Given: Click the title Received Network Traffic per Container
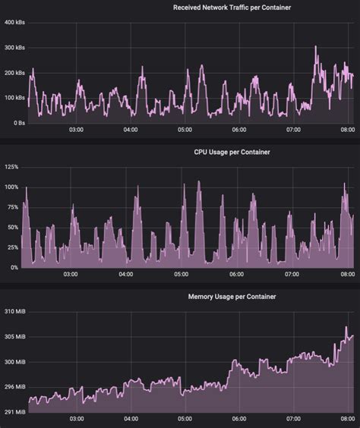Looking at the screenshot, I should [232, 8].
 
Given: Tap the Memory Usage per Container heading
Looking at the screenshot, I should [232, 296].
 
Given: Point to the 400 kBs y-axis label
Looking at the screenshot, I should [14, 23].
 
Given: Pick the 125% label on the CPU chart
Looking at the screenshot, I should [11, 166].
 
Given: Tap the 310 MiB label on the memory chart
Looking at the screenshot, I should [14, 312].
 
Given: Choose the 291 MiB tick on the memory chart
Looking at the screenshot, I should [14, 411].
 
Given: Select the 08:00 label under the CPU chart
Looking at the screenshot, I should [347, 275].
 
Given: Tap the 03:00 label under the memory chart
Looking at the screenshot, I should [76, 419].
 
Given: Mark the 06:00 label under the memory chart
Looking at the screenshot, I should [238, 419].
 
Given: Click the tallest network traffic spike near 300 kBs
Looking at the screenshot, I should [316, 47].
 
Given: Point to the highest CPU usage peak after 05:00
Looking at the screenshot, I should [199, 182].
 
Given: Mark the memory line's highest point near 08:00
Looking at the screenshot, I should [346, 327].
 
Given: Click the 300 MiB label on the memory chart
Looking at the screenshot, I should [14, 362].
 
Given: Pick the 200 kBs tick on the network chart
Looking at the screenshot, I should [14, 73].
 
